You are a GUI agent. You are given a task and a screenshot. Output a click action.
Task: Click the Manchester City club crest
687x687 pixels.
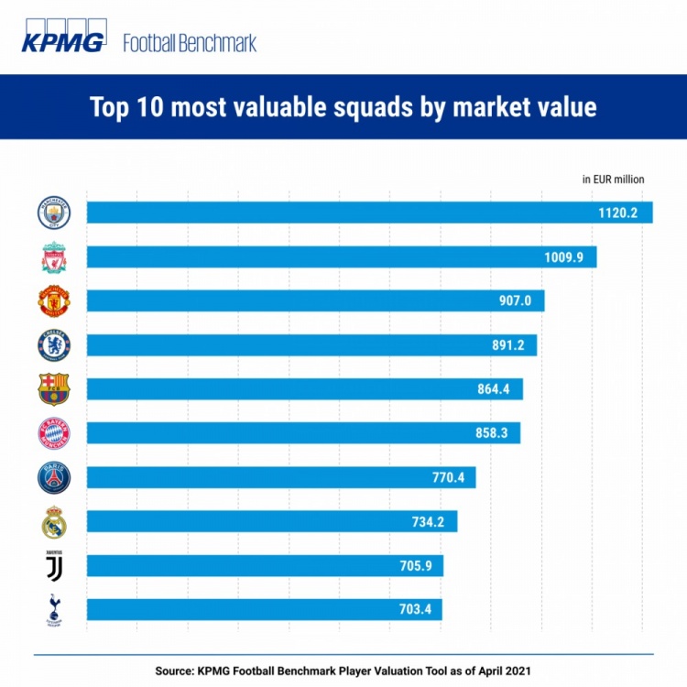pyautogui.click(x=53, y=213)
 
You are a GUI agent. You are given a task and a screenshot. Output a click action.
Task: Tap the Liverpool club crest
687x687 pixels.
pyautogui.click(x=53, y=257)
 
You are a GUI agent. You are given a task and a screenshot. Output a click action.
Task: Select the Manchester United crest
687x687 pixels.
pyautogui.click(x=53, y=301)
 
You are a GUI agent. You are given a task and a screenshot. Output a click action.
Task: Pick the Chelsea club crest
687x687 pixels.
pyautogui.click(x=53, y=345)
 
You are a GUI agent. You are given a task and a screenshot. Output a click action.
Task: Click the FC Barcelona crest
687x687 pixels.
pyautogui.click(x=53, y=389)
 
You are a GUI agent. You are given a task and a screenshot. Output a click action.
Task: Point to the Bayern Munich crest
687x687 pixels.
pyautogui.click(x=53, y=433)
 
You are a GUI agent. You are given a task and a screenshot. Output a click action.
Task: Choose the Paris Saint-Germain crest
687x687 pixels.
pyautogui.click(x=53, y=477)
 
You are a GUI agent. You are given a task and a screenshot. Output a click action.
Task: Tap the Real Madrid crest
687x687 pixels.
pyautogui.click(x=53, y=522)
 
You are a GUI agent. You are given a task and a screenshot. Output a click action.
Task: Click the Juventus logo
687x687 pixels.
pyautogui.click(x=53, y=565)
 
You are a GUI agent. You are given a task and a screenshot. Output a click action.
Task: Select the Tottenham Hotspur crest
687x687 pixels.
pyautogui.click(x=53, y=610)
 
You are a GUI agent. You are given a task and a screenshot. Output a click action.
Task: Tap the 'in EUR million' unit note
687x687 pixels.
pyautogui.click(x=613, y=180)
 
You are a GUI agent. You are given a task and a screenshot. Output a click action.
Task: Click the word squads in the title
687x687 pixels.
pyautogui.click(x=387, y=108)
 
